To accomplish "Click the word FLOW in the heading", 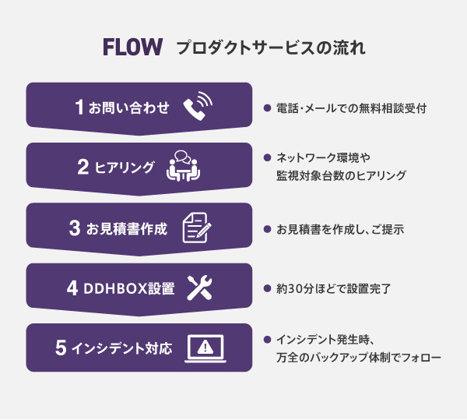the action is click(132, 47).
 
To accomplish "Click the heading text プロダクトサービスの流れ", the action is click(271, 48).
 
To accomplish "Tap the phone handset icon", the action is click(198, 106).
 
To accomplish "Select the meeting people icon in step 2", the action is click(183, 166).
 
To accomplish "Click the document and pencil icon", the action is click(197, 228).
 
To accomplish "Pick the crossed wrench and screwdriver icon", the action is click(199, 288).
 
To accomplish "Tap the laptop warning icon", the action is click(205, 348).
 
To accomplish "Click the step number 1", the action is click(79, 107).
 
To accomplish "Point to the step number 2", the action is click(83, 167).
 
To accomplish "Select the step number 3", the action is click(75, 228).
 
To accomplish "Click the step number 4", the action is click(72, 288).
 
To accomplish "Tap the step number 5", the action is click(61, 348).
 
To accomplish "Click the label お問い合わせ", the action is click(129, 108).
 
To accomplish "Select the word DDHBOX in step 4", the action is click(116, 288).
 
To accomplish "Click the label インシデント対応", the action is click(122, 348).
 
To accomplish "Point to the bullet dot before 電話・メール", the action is click(267, 108).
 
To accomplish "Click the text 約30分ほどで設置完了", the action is click(334, 288).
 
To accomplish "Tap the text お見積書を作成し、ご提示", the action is click(340, 230).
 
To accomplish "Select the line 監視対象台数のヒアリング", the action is click(341, 175).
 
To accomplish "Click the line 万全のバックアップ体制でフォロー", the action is click(359, 357).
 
